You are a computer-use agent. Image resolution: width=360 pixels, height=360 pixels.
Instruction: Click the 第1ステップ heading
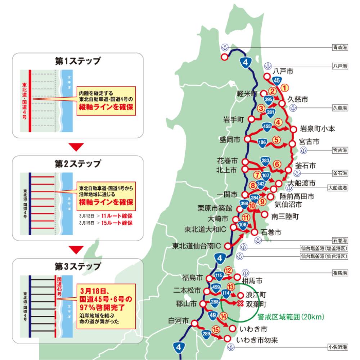tap(77, 61)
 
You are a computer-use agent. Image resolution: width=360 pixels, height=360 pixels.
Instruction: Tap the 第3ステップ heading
tap(77, 267)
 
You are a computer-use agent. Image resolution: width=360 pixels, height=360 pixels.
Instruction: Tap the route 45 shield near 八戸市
tap(277, 80)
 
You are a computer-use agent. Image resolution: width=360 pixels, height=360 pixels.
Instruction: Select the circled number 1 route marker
tap(284, 87)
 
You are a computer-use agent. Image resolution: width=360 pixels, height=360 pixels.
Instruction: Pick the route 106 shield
tap(262, 143)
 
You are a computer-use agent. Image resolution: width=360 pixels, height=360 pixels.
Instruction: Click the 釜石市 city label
tap(305, 166)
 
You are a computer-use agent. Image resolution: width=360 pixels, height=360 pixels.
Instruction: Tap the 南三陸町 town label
tap(285, 216)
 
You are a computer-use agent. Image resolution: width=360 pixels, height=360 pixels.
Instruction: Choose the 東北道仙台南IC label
tap(196, 246)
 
